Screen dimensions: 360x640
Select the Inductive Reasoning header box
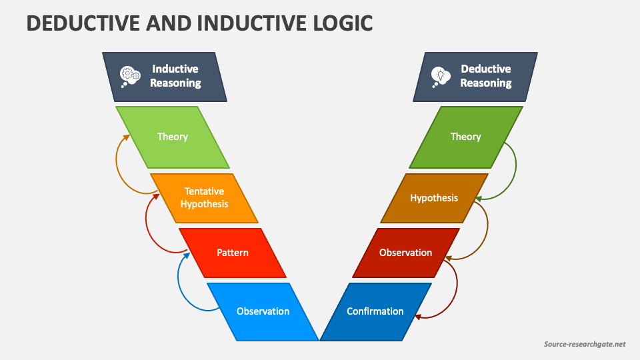165,77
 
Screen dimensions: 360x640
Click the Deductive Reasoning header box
475,77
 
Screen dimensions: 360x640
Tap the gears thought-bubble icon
129,77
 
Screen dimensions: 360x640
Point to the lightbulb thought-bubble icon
439,77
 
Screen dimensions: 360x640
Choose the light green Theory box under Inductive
173,137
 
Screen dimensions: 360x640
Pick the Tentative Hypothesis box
204,198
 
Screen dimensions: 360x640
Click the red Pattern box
233,253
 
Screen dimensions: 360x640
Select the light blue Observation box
263,311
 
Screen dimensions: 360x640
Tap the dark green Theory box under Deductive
465,137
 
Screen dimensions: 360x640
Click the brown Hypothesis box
434,198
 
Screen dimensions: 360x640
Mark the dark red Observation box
405,253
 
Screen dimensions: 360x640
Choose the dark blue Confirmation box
375,311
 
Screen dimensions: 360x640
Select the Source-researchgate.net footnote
584,344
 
